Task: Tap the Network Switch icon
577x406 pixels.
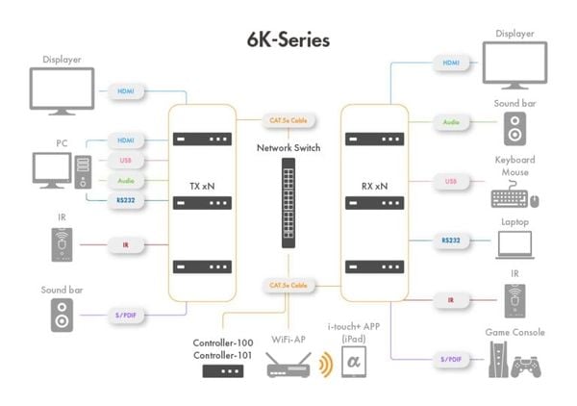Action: (288, 202)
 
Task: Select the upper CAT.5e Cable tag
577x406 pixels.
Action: (286, 121)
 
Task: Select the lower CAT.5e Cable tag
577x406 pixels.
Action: (286, 286)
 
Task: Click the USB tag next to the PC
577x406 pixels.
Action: (126, 160)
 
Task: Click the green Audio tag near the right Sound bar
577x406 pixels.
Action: (450, 122)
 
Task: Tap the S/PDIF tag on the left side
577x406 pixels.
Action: (126, 314)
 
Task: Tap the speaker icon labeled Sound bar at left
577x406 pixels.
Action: (63, 316)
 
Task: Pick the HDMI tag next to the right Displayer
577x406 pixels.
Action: (450, 63)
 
